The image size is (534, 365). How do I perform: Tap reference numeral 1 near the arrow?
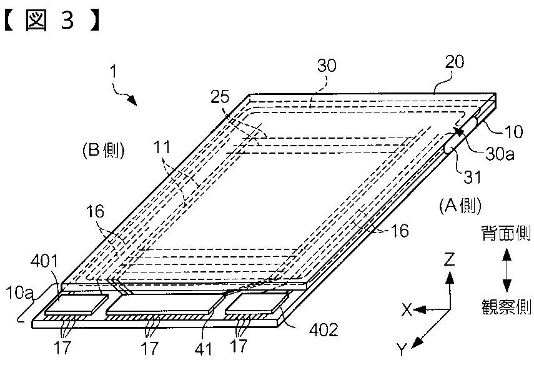tap(114, 72)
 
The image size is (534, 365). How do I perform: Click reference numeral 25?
tap(219, 97)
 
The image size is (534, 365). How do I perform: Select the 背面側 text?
tap(507, 234)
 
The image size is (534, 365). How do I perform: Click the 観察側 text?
tap(506, 306)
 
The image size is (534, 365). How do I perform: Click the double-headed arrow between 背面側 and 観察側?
tap(507, 269)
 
